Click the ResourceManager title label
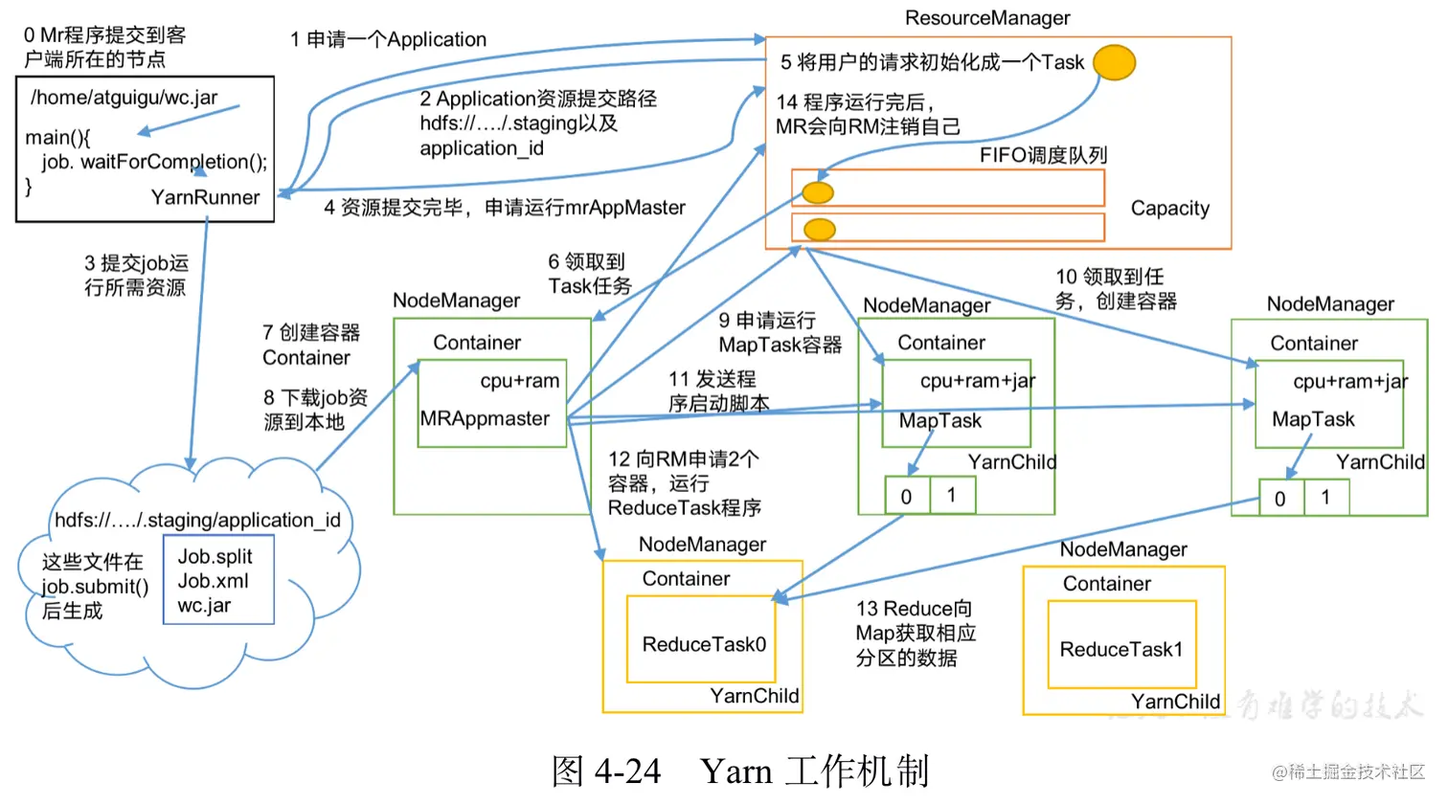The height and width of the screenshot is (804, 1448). pyautogui.click(x=987, y=18)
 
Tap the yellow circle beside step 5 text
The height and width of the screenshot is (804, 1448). pyautogui.click(x=1114, y=62)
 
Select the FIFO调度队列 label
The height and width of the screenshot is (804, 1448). pyautogui.click(x=1043, y=155)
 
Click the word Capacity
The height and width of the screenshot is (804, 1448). pyautogui.click(x=1169, y=209)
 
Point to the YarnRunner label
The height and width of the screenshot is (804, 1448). pyautogui.click(x=205, y=197)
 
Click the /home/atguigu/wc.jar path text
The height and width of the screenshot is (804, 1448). pyautogui.click(x=124, y=98)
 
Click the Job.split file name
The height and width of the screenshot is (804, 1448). pyautogui.click(x=215, y=557)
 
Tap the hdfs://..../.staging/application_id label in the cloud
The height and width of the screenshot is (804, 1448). pyautogui.click(x=197, y=520)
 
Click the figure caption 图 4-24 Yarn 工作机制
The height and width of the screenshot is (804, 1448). pyautogui.click(x=739, y=770)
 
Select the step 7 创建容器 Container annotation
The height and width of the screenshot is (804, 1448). pyautogui.click(x=310, y=345)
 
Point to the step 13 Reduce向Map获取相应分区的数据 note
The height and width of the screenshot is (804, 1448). pyautogui.click(x=916, y=633)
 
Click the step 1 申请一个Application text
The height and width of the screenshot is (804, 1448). pyautogui.click(x=389, y=39)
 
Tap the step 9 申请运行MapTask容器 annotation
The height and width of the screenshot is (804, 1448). pyautogui.click(x=780, y=332)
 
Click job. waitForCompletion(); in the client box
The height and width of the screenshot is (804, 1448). pyautogui.click(x=154, y=162)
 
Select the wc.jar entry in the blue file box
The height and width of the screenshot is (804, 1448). pyautogui.click(x=204, y=606)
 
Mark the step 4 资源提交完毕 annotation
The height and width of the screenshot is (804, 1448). pyautogui.click(x=505, y=208)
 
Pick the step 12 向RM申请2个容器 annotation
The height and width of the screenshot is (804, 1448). pyautogui.click(x=684, y=483)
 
